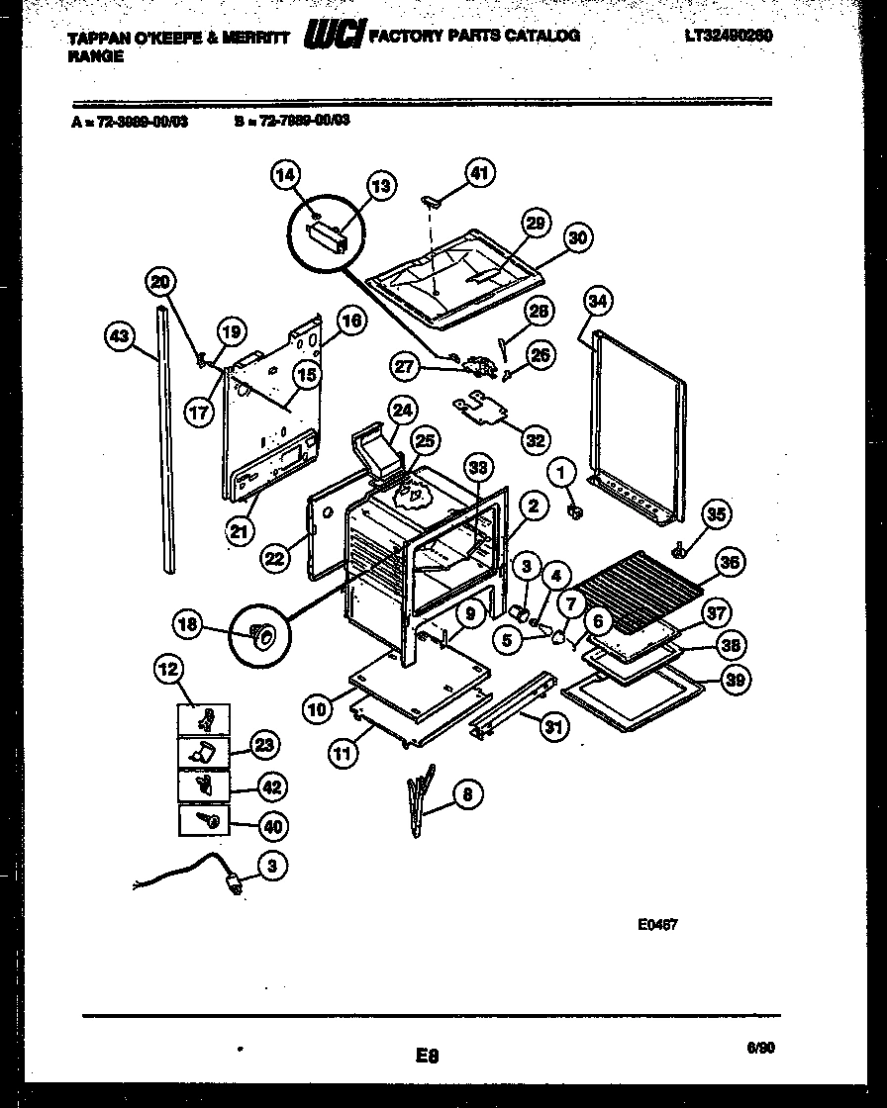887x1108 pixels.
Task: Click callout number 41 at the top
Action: pyautogui.click(x=479, y=174)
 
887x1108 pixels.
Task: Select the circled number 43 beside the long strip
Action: pyautogui.click(x=120, y=337)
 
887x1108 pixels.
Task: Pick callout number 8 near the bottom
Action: pyautogui.click(x=468, y=793)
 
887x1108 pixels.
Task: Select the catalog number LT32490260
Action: pyautogui.click(x=728, y=35)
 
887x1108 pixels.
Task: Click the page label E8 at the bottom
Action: pyautogui.click(x=428, y=1057)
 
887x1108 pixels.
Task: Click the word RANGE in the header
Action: pyautogui.click(x=96, y=56)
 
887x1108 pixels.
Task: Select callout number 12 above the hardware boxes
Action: pyautogui.click(x=168, y=670)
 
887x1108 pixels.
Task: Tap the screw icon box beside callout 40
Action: pyautogui.click(x=204, y=820)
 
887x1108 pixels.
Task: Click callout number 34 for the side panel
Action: pyautogui.click(x=598, y=301)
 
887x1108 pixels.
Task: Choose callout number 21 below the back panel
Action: pyautogui.click(x=239, y=531)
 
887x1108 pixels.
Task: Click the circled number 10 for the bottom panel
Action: pyautogui.click(x=317, y=708)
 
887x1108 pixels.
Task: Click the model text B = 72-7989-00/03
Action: pyautogui.click(x=292, y=120)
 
